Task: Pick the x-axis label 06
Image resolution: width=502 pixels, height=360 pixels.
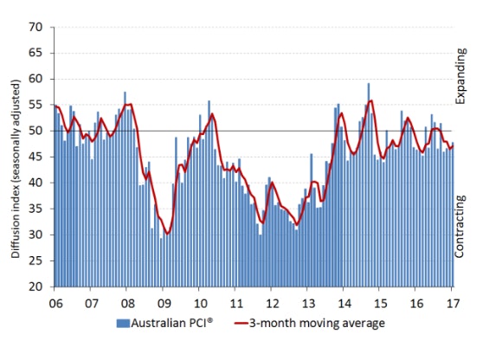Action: [56, 305]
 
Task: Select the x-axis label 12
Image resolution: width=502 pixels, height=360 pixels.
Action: [271, 305]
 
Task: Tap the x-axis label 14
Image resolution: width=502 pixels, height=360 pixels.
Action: [343, 305]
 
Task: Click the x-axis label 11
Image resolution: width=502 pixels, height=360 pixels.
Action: [235, 305]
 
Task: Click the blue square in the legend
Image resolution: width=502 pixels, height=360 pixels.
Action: [121, 324]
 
